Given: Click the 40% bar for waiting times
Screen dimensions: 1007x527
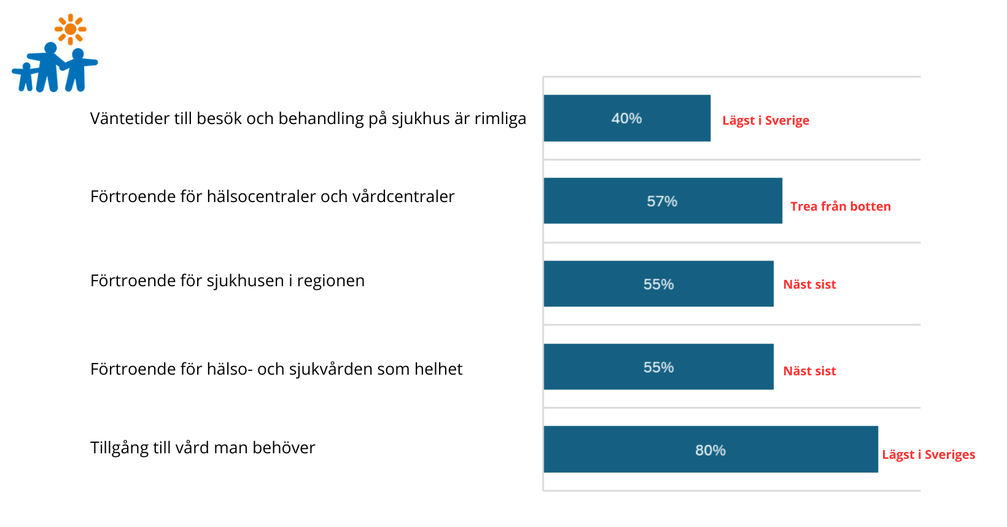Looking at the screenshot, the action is [x=627, y=119].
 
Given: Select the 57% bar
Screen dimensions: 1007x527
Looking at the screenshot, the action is [x=663, y=201].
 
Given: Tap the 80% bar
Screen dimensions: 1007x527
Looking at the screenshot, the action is [x=711, y=449].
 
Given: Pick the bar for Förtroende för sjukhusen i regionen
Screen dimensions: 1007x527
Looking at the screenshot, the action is [x=659, y=284].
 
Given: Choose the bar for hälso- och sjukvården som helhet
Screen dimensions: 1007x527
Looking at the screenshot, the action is [x=659, y=367].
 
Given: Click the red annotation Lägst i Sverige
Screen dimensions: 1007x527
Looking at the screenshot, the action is [x=766, y=120].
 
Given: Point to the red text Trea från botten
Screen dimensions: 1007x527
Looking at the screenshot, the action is [x=841, y=206].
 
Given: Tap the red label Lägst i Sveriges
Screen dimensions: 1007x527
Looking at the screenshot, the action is [x=929, y=455].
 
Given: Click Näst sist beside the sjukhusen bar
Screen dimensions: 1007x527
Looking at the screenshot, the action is [x=810, y=284].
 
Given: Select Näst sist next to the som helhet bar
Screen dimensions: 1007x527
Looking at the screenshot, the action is [x=810, y=371].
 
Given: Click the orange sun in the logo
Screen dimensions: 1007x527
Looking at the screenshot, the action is [x=71, y=29].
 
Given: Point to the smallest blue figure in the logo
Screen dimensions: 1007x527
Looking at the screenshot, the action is [x=25, y=77].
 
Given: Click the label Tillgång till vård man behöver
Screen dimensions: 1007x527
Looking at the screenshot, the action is [x=203, y=448].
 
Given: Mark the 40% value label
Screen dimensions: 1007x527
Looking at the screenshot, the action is [x=627, y=119].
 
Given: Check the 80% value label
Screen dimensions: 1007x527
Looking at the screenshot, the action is [x=710, y=450].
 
